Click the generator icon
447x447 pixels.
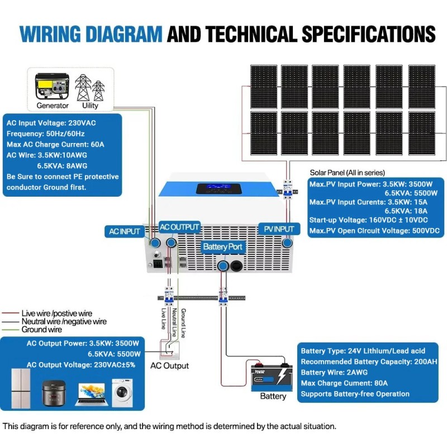[53, 87]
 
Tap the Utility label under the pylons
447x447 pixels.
[90, 105]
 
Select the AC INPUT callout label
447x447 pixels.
[123, 231]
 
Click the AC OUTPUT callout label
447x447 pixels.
[179, 227]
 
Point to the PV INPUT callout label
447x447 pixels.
[276, 229]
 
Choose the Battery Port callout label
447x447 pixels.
[223, 246]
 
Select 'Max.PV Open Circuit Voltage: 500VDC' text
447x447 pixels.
[374, 230]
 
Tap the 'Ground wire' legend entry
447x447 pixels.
[41, 330]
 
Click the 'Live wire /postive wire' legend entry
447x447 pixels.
[56, 313]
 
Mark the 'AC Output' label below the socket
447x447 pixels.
[170, 365]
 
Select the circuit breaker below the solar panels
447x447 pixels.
[288, 187]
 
